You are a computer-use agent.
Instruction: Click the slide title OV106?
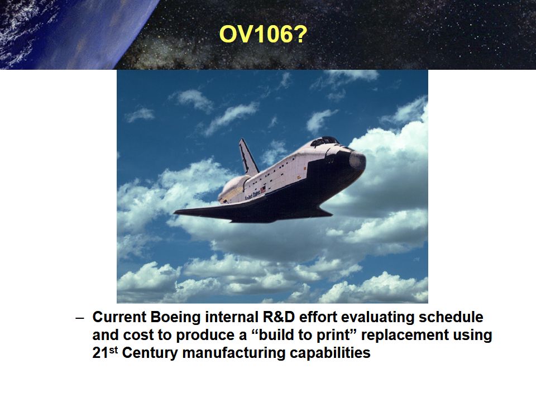[262, 35]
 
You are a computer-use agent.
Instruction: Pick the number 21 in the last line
[100, 353]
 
